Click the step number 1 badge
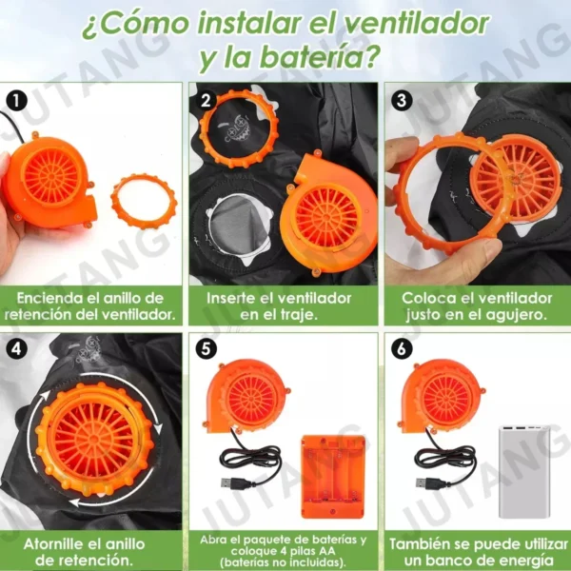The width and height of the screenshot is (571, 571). pos(15,99)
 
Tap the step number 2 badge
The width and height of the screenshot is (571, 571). pos(207,99)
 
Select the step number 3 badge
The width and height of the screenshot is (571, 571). pos(401,99)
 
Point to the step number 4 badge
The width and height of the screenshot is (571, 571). pos(15,348)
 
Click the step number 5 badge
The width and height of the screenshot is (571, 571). pos(207,348)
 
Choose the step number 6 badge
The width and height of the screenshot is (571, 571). pos(401,348)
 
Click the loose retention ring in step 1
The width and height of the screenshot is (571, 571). pos(143,201)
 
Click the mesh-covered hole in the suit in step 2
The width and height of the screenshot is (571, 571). pos(243,227)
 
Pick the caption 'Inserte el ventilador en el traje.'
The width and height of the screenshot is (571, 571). pos(283,305)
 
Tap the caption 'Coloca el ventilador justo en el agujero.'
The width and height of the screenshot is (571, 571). pos(475,305)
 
